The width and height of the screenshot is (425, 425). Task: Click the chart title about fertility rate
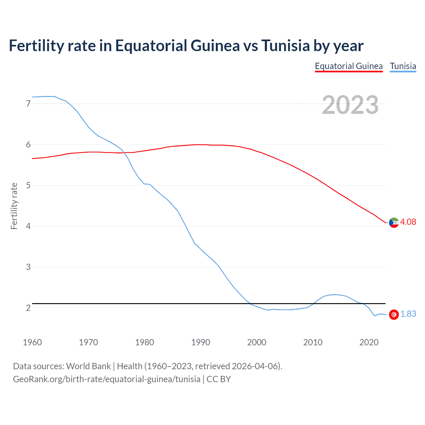186,46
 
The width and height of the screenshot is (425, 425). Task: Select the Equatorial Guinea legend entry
349,66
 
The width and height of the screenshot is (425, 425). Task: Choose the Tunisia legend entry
403,66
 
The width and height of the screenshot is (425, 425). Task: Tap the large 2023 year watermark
350,105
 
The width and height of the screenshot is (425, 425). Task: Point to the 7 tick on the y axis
28,104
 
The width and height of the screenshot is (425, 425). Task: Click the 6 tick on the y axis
28,144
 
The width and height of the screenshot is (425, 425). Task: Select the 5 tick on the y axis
28,185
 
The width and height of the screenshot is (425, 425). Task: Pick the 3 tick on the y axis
28,267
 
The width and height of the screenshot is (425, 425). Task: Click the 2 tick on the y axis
28,308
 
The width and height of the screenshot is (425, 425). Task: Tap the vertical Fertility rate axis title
14,206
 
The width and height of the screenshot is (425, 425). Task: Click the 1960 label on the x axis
32,342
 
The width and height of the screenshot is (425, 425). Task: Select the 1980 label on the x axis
144,342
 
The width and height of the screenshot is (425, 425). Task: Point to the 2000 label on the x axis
257,342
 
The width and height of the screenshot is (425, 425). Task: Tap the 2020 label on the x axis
369,342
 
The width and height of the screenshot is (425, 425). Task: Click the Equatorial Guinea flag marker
394,222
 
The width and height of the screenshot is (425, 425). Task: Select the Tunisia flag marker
394,314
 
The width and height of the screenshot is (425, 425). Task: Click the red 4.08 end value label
408,222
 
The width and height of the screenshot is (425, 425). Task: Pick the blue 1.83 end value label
408,314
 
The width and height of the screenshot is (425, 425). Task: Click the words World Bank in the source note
88,366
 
